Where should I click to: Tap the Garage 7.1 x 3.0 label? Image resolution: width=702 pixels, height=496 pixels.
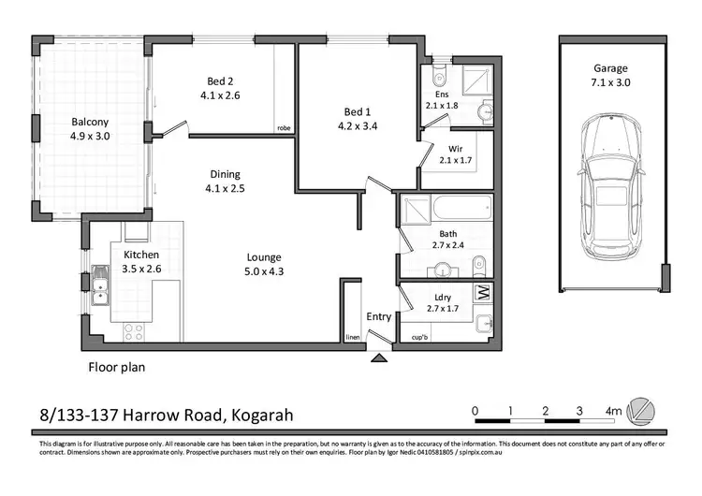[609, 76]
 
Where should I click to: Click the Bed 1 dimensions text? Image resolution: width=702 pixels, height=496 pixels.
[358, 126]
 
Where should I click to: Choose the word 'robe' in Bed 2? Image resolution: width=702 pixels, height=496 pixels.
[283, 129]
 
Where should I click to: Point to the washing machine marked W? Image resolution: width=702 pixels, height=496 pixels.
[482, 293]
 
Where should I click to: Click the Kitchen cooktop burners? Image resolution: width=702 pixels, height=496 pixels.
[131, 330]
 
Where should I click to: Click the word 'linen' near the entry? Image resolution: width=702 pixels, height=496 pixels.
[352, 337]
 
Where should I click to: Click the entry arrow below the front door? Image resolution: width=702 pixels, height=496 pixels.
[379, 356]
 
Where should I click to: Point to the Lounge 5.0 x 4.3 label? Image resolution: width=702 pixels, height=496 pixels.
[264, 265]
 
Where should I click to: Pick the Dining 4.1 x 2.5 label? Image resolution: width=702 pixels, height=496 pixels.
[225, 181]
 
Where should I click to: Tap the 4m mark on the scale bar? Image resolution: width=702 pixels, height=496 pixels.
[613, 410]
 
